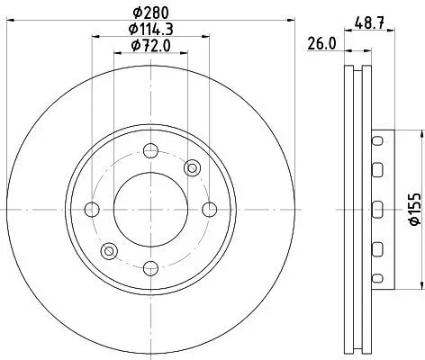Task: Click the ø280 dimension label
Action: (x=150, y=12)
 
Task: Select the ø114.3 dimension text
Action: (x=150, y=28)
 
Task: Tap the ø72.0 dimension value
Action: (x=150, y=44)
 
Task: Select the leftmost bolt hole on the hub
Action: (x=92, y=210)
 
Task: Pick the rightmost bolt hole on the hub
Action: (x=209, y=210)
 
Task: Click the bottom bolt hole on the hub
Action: (x=150, y=267)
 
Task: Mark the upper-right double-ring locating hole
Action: (x=191, y=169)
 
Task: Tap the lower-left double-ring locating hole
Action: (x=109, y=250)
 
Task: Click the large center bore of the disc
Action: (x=150, y=209)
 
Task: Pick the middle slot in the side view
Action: (x=377, y=209)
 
